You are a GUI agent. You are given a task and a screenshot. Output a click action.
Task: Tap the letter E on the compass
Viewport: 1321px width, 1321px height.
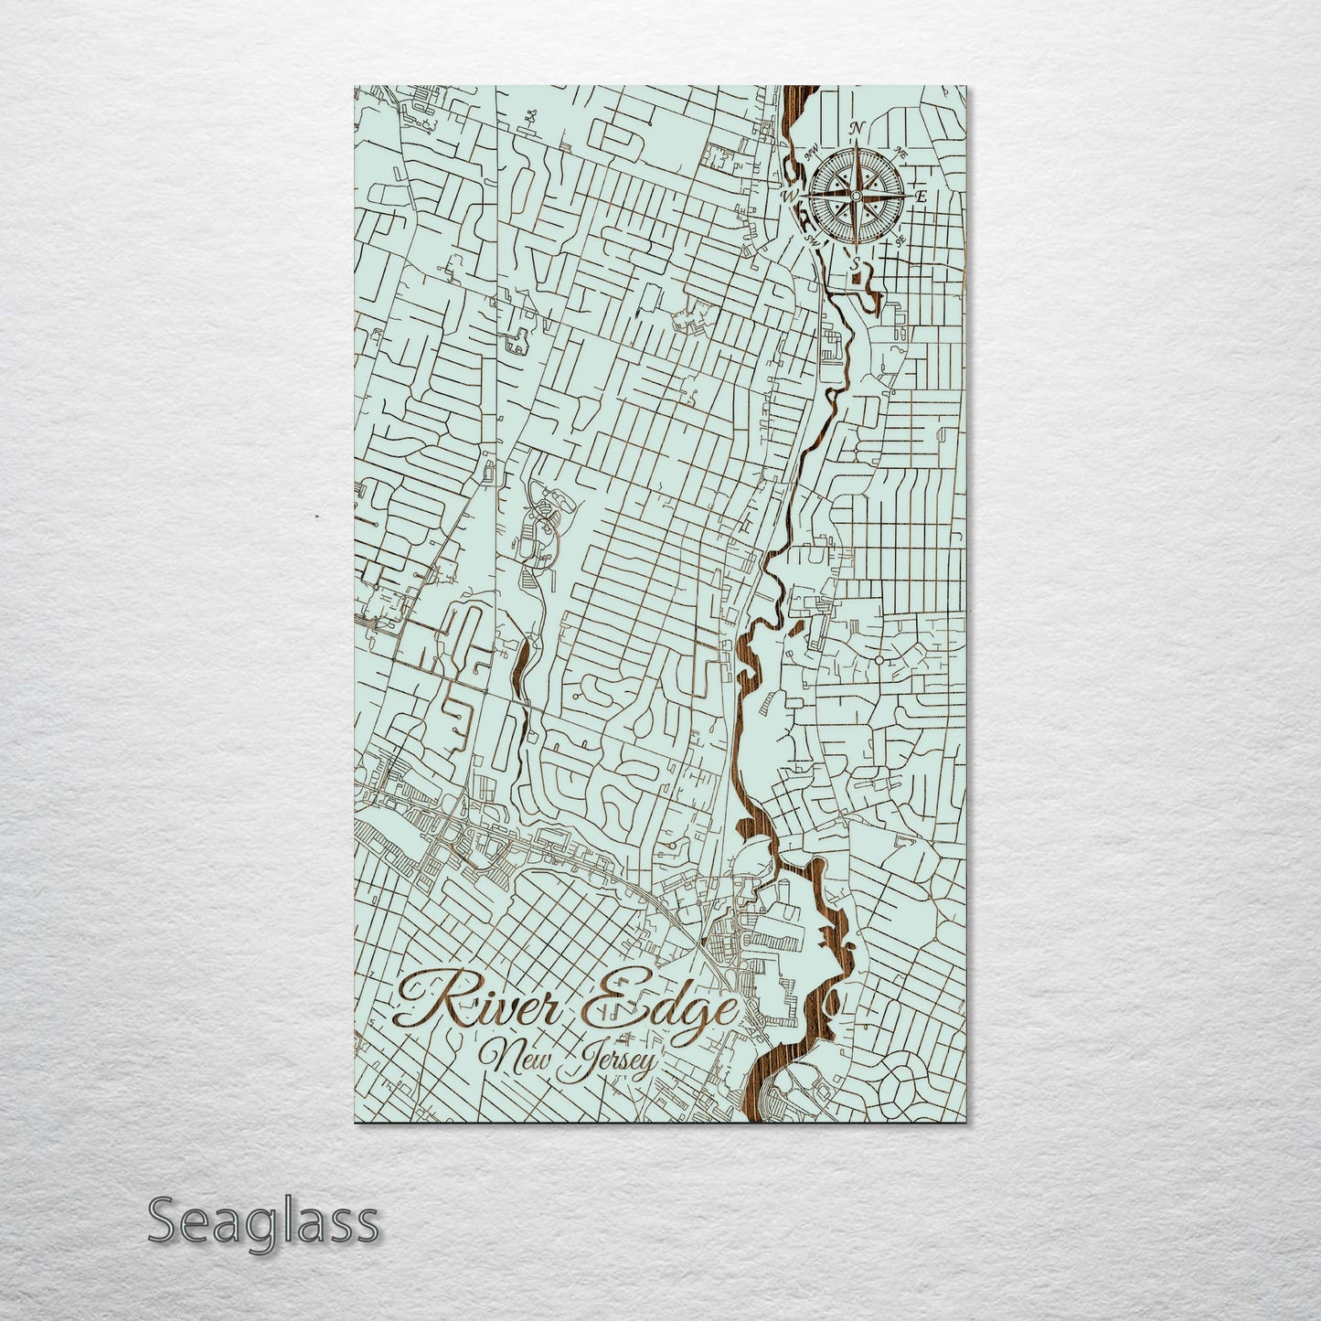pyautogui.click(x=922, y=196)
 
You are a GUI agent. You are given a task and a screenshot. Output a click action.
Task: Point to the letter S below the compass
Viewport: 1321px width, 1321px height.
pyautogui.click(x=856, y=263)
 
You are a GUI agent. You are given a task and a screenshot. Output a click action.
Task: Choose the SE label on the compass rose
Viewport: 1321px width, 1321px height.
pyautogui.click(x=900, y=240)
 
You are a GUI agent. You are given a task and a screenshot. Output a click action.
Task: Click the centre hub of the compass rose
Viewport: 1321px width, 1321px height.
pyautogui.click(x=856, y=196)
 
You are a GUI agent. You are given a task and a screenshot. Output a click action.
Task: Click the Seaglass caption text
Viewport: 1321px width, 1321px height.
pyautogui.click(x=262, y=1220)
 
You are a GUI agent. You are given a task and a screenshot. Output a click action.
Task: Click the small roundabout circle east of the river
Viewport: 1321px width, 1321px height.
pyautogui.click(x=879, y=659)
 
